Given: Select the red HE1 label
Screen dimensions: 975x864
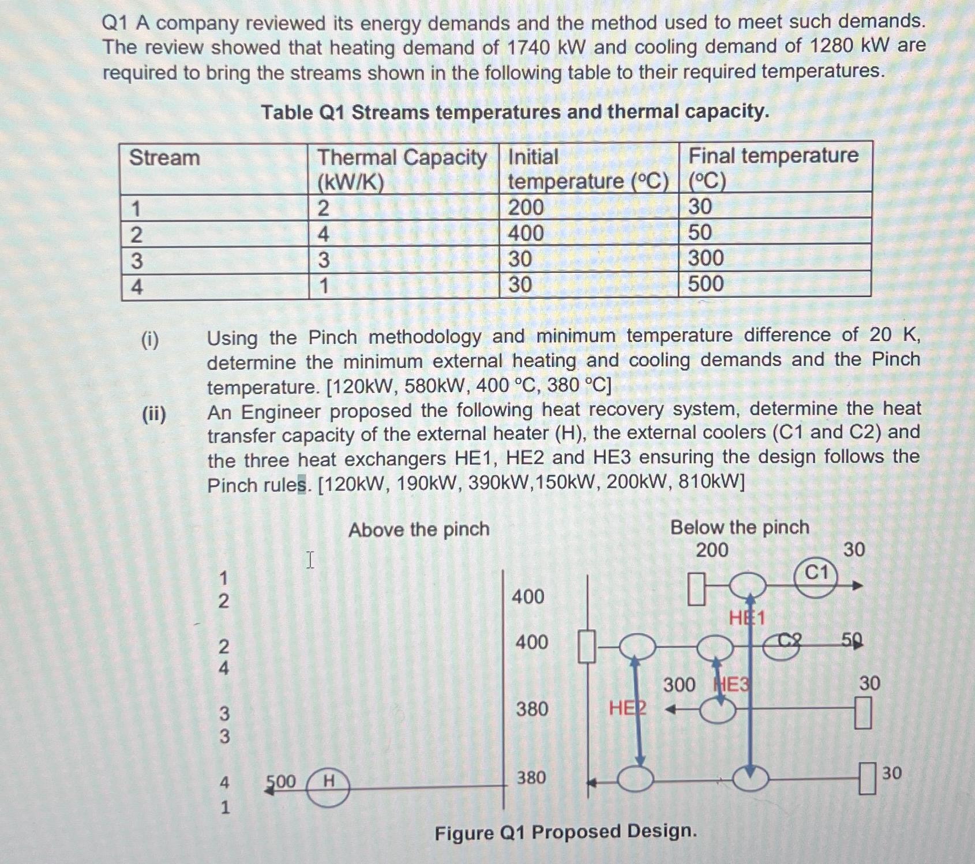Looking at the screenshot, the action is coord(747,618).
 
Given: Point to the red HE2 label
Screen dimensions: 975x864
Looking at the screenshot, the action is coord(627,708).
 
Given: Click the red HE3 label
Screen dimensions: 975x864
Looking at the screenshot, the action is coord(732,685).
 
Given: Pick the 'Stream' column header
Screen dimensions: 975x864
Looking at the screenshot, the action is coord(164,157).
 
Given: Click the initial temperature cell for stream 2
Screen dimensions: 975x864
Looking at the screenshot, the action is coord(526,233).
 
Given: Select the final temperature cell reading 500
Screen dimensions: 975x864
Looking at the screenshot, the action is coord(706,284).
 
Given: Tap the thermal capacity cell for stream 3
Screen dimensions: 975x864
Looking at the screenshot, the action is coord(324,260).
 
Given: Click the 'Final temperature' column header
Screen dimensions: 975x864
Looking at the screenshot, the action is coord(773,156).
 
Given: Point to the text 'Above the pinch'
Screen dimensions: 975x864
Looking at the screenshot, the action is coord(419,529).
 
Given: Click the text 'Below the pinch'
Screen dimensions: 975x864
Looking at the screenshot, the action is coord(740,527).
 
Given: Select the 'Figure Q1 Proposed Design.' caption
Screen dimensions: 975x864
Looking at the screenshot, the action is coord(565,832).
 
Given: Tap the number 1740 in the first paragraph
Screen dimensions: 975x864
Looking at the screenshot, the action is coord(528,48).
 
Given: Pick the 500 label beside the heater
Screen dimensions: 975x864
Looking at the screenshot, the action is coord(280,782).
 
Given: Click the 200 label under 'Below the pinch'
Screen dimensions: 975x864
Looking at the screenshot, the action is coord(712,550).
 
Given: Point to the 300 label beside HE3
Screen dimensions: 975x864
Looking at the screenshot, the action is coord(679,685).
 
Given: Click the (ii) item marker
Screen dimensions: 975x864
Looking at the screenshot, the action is coord(154,414).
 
